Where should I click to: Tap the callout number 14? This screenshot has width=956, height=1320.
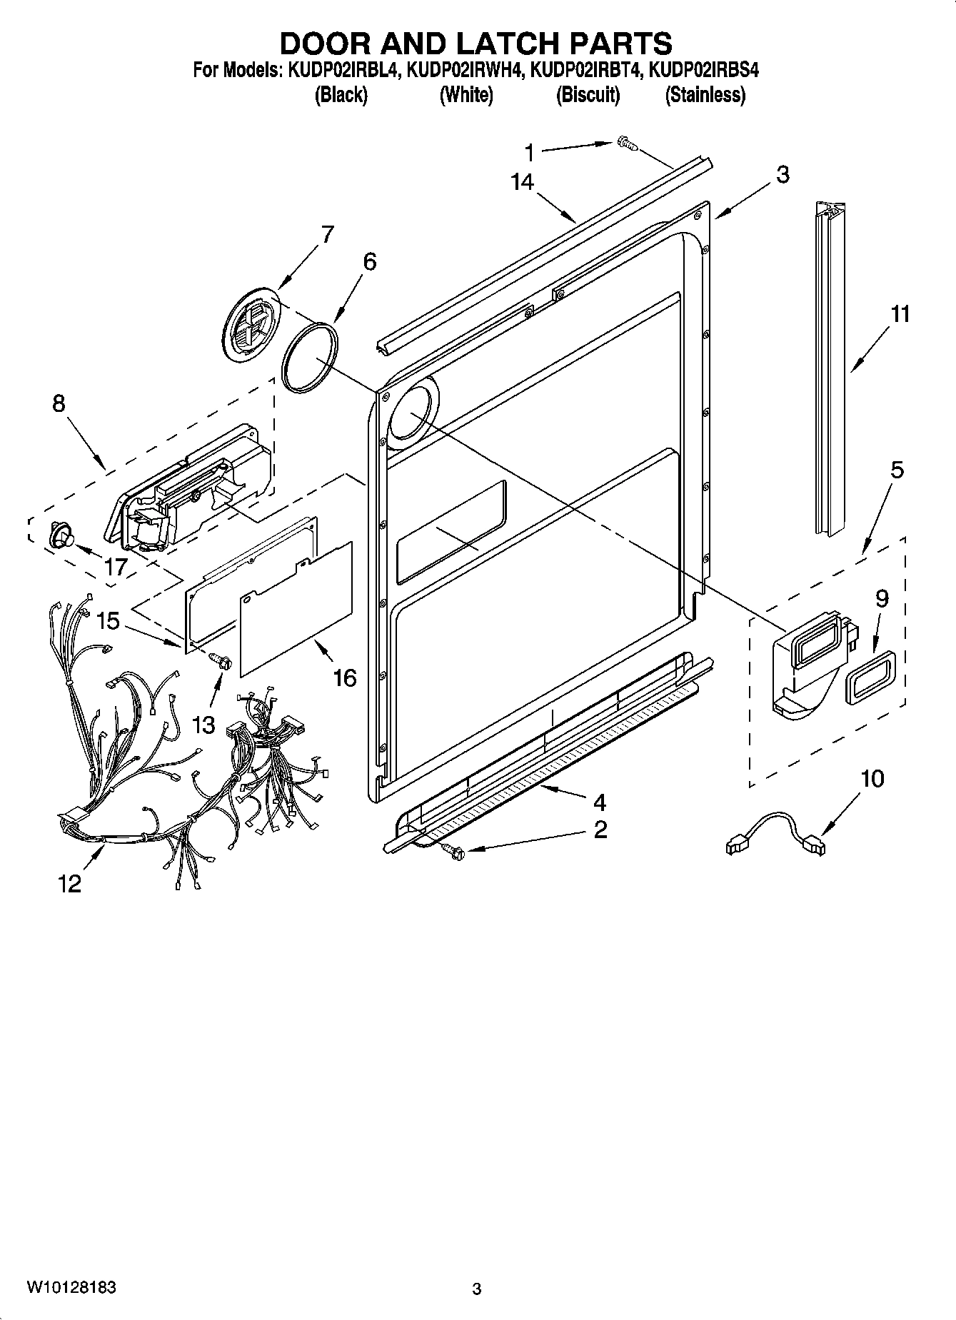[522, 183]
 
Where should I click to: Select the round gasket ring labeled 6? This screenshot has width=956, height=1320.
[308, 358]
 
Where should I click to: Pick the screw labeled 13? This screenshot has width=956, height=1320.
[221, 661]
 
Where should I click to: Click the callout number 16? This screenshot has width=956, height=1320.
[344, 677]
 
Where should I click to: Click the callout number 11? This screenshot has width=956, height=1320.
[900, 313]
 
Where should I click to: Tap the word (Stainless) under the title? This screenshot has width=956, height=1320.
[705, 95]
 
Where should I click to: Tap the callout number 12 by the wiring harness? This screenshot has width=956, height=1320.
[70, 884]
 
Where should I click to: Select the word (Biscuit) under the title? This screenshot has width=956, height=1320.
[588, 95]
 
